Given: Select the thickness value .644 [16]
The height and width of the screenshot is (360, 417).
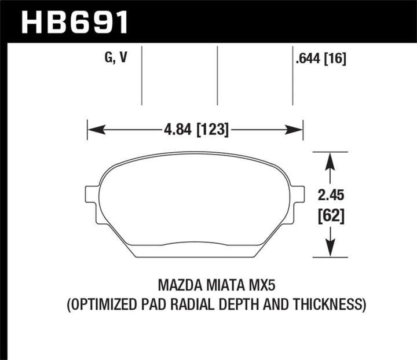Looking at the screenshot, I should [x=320, y=58].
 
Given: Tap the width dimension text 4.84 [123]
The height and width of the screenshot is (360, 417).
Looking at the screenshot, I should [x=195, y=130].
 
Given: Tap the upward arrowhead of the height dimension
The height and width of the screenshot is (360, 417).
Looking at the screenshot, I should [x=330, y=160].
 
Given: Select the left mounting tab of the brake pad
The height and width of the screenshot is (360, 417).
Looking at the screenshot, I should [x=92, y=194].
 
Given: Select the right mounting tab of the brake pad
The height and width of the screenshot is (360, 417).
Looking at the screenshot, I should [x=297, y=194].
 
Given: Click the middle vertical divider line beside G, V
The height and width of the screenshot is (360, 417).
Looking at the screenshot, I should [x=217, y=75].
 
